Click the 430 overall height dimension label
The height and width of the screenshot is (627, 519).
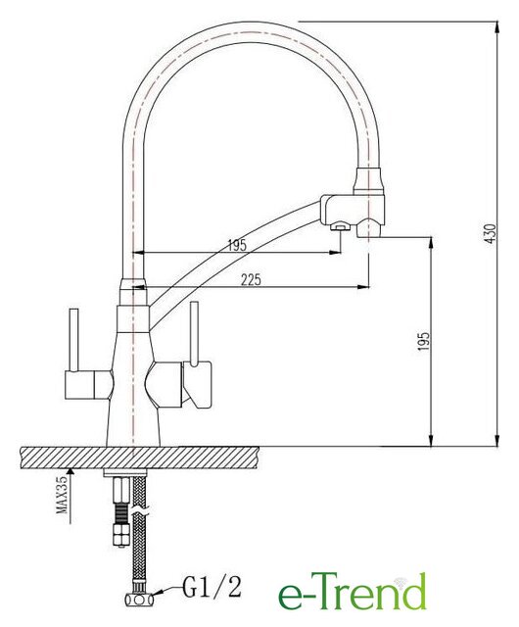click(x=491, y=233)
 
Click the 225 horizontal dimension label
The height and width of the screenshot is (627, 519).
click(x=251, y=278)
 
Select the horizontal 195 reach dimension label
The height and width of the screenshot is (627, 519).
click(x=238, y=245)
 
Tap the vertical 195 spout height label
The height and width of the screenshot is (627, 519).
click(x=424, y=341)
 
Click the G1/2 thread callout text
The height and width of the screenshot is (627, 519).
click(x=212, y=587)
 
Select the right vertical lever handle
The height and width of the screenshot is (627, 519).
click(x=194, y=333)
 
